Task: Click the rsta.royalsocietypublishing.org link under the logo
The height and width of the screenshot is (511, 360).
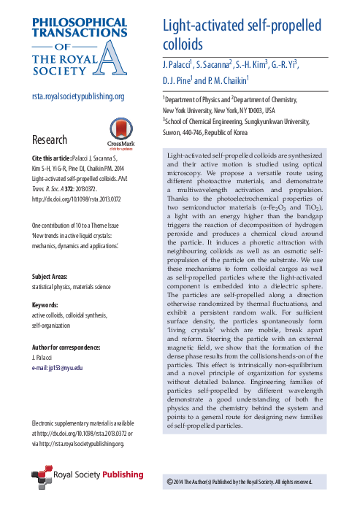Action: [78, 96]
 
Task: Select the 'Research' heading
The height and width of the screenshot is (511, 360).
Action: [50, 139]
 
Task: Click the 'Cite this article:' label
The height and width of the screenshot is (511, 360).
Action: [52, 158]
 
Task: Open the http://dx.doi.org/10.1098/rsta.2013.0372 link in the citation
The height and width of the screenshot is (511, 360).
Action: [76, 198]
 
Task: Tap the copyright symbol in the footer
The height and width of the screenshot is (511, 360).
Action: [169, 482]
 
